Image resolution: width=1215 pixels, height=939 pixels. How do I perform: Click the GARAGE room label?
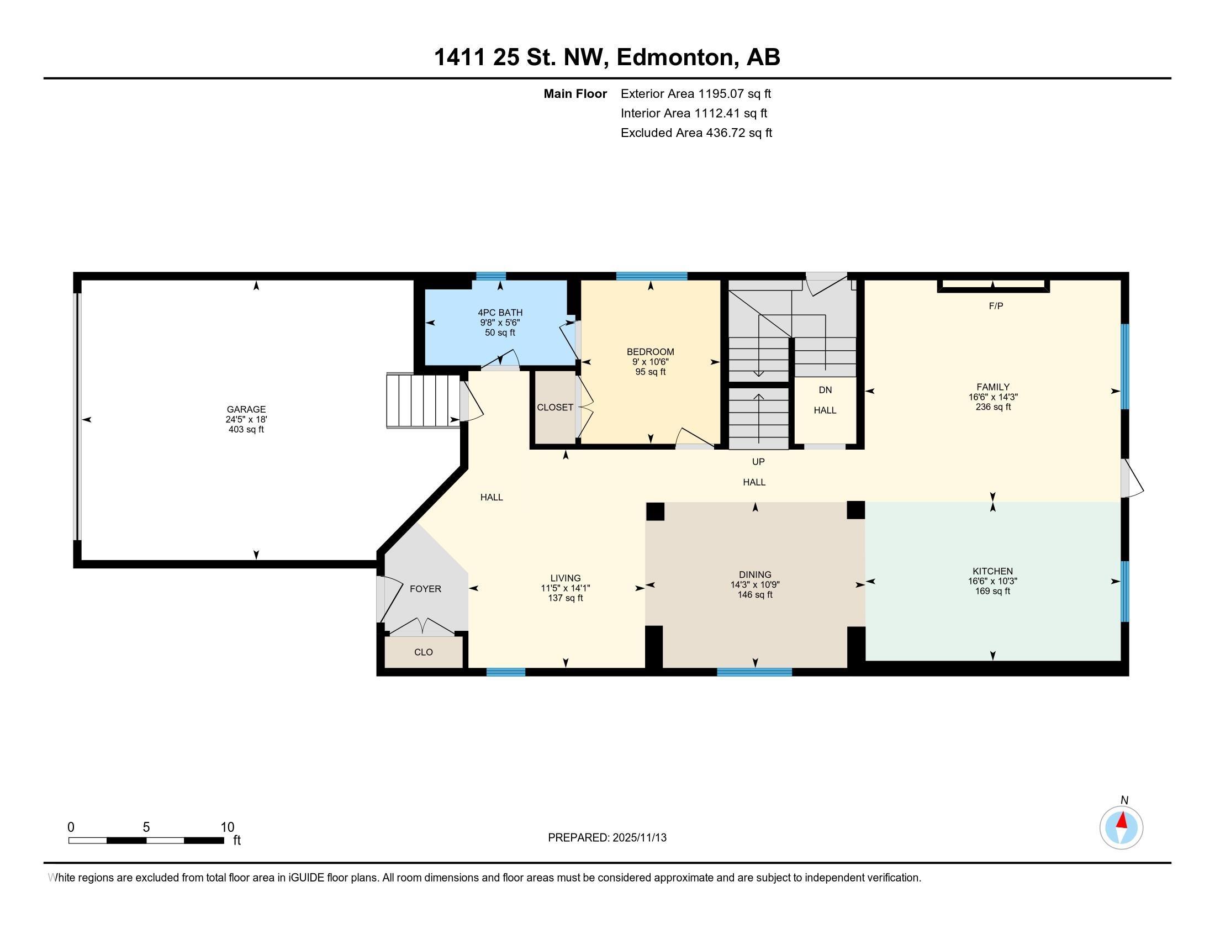pyautogui.click(x=246, y=409)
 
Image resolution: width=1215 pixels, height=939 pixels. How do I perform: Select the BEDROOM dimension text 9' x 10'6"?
pyautogui.click(x=650, y=362)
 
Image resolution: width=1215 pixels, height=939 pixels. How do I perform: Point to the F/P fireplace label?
pyautogui.click(x=996, y=306)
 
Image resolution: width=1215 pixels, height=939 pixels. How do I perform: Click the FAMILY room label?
pyautogui.click(x=992, y=387)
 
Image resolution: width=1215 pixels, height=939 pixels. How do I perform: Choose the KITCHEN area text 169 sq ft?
pyautogui.click(x=992, y=591)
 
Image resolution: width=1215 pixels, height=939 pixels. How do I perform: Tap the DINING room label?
pyautogui.click(x=755, y=574)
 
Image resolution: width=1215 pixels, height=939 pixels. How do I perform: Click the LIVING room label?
pyautogui.click(x=565, y=578)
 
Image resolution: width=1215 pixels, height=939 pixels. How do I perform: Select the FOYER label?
pyautogui.click(x=425, y=589)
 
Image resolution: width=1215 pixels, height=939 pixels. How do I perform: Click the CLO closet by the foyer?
pyautogui.click(x=424, y=652)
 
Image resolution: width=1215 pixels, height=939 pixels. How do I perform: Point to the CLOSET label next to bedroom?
pyautogui.click(x=554, y=407)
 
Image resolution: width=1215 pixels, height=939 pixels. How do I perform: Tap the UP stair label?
pyautogui.click(x=758, y=462)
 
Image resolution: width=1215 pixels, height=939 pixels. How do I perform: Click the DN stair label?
pyautogui.click(x=825, y=390)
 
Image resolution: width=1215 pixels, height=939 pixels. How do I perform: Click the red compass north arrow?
pyautogui.click(x=1122, y=821)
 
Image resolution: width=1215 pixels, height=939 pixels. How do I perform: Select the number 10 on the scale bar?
pyautogui.click(x=227, y=827)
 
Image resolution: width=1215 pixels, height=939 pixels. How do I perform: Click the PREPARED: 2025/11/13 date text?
pyautogui.click(x=607, y=838)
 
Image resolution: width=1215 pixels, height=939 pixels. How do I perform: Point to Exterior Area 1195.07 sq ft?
pyautogui.click(x=695, y=93)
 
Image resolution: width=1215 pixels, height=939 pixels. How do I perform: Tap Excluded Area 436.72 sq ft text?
pyautogui.click(x=696, y=133)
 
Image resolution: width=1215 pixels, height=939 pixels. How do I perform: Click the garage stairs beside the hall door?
pyautogui.click(x=423, y=400)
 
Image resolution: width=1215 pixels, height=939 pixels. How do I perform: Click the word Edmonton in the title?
pyautogui.click(x=674, y=57)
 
